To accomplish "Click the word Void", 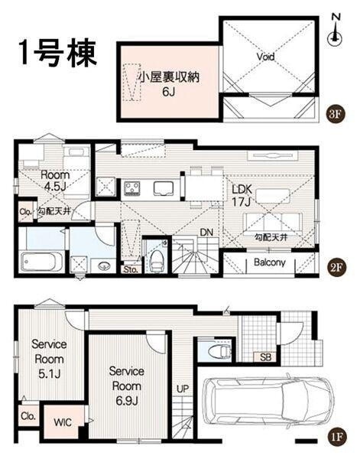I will [x=265, y=57].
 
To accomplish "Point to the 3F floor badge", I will [x=335, y=115].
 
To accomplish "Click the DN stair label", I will [x=206, y=233].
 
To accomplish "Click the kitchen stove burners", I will [x=131, y=187].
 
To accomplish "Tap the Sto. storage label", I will [x=129, y=269].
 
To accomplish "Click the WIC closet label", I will [x=63, y=422].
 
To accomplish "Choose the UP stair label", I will [x=183, y=389].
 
